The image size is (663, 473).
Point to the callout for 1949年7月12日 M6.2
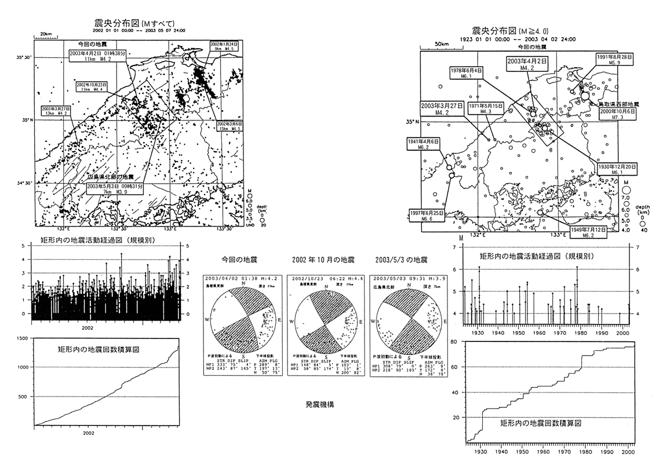pos(587,232)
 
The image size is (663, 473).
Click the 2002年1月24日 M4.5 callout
pos(224,46)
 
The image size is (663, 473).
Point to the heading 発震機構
pos(319,404)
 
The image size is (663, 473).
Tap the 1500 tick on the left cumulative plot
pos(24,337)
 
